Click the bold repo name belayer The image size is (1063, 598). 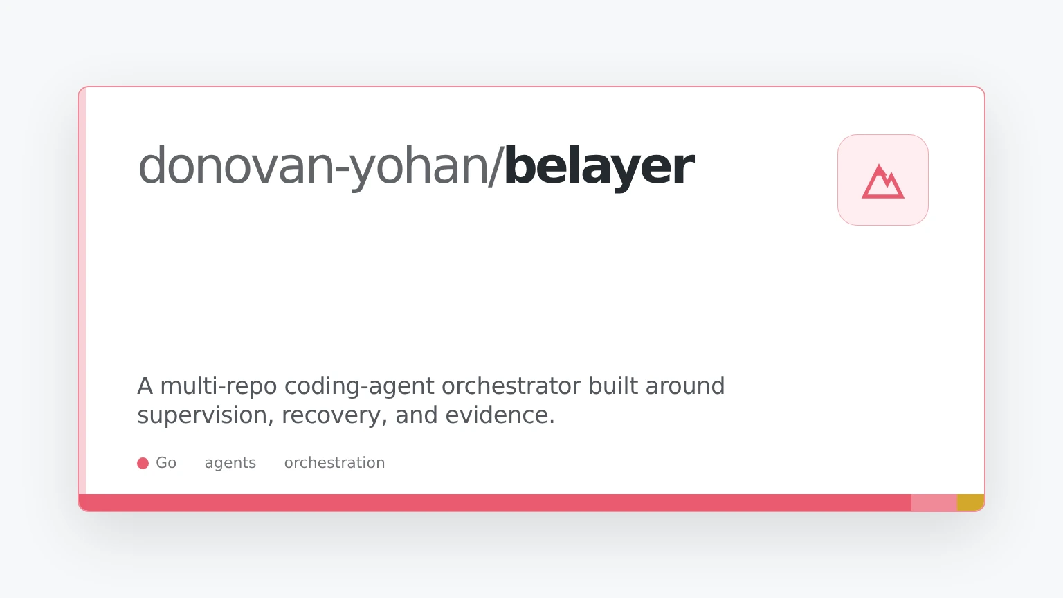click(599, 167)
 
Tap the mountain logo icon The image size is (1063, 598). click(882, 181)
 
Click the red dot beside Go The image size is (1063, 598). click(143, 463)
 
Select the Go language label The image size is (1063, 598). click(166, 463)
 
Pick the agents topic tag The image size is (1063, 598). click(230, 463)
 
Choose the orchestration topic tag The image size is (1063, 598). click(334, 463)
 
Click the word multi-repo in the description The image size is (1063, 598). click(218, 386)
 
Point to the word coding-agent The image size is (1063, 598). click(359, 386)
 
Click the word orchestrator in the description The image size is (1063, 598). click(511, 386)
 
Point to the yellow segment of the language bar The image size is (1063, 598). click(970, 502)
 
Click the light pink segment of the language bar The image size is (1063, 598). click(934, 502)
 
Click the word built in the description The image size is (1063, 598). click(613, 386)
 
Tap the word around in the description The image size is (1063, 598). click(685, 386)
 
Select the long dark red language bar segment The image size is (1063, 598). click(495, 502)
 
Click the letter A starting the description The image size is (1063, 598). click(145, 386)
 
